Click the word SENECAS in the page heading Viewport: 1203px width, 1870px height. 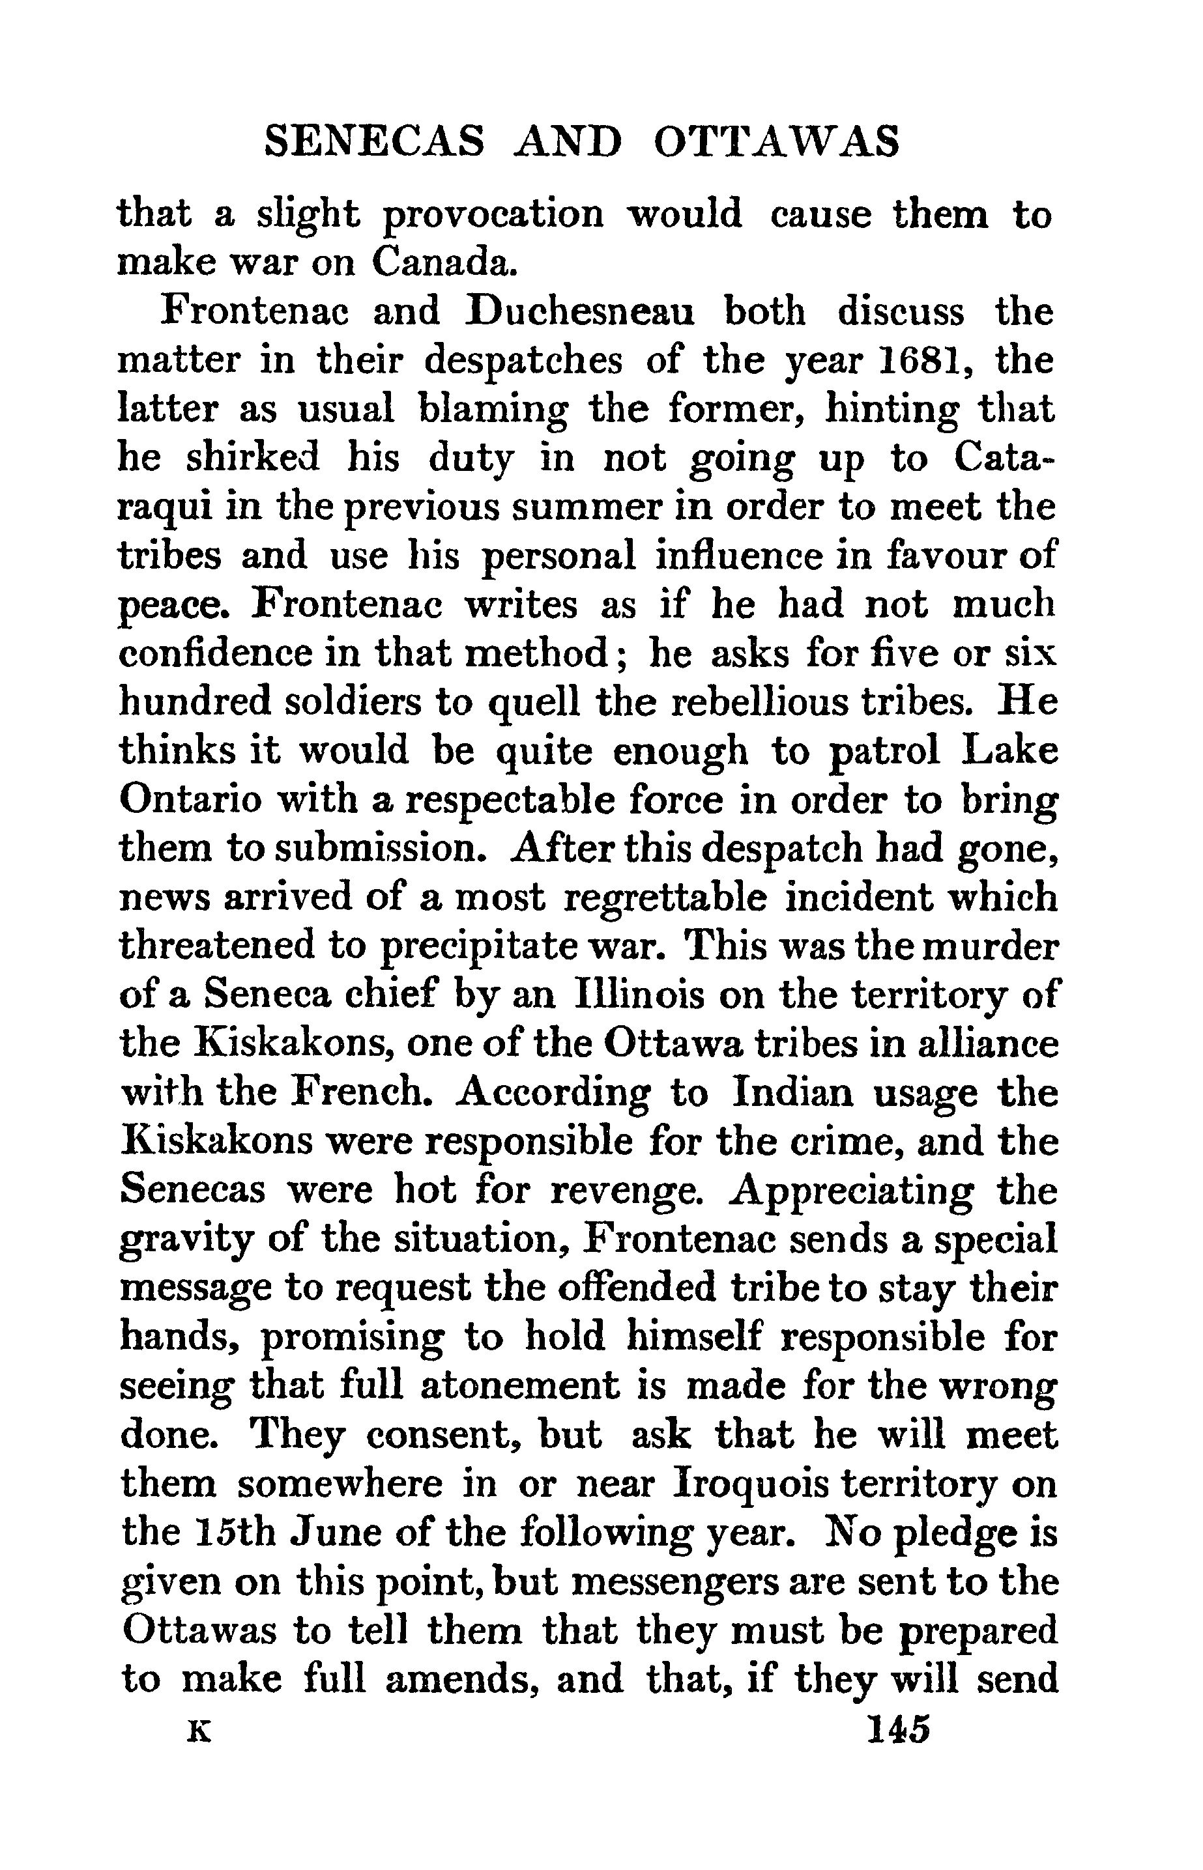[374, 143]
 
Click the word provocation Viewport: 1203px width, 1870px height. [494, 216]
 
